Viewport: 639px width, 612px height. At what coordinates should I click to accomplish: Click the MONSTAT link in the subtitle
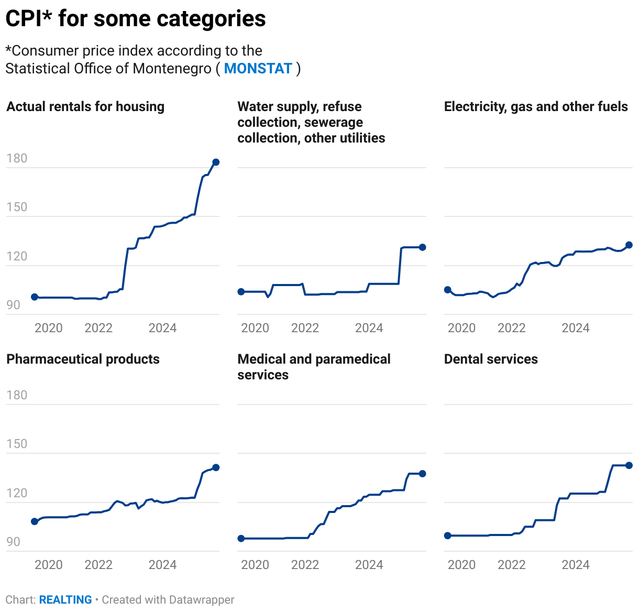click(258, 69)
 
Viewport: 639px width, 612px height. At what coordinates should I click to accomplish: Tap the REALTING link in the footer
click(65, 599)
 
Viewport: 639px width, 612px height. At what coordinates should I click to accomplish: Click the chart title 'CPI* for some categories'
click(136, 19)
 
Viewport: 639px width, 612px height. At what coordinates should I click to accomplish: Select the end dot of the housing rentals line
click(216, 162)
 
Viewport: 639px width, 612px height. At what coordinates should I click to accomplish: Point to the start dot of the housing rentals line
click(35, 297)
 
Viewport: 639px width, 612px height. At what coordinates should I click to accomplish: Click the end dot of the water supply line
click(423, 247)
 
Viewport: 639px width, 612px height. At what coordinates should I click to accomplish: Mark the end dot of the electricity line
click(629, 245)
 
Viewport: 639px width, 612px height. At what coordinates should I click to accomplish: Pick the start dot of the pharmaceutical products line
click(35, 521)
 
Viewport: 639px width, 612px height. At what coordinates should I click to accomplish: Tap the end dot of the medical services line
click(423, 474)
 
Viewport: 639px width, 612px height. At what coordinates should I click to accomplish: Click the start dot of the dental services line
click(447, 535)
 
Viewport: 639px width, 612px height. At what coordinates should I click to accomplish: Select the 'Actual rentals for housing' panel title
click(85, 107)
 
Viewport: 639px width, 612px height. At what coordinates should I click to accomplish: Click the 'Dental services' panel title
click(491, 359)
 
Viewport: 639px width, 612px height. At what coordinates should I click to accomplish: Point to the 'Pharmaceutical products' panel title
click(83, 359)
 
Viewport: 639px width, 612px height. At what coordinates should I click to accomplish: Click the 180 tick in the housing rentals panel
click(17, 158)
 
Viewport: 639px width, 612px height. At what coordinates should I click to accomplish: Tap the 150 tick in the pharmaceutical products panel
click(17, 444)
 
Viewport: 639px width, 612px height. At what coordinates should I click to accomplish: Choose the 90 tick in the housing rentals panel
click(14, 305)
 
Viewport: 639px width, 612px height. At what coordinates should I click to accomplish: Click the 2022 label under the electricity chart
click(511, 328)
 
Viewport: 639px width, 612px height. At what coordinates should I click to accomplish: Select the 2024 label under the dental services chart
click(575, 565)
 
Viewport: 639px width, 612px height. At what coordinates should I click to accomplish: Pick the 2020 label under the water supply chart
click(255, 328)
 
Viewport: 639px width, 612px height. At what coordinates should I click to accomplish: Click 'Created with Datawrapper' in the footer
click(168, 599)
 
